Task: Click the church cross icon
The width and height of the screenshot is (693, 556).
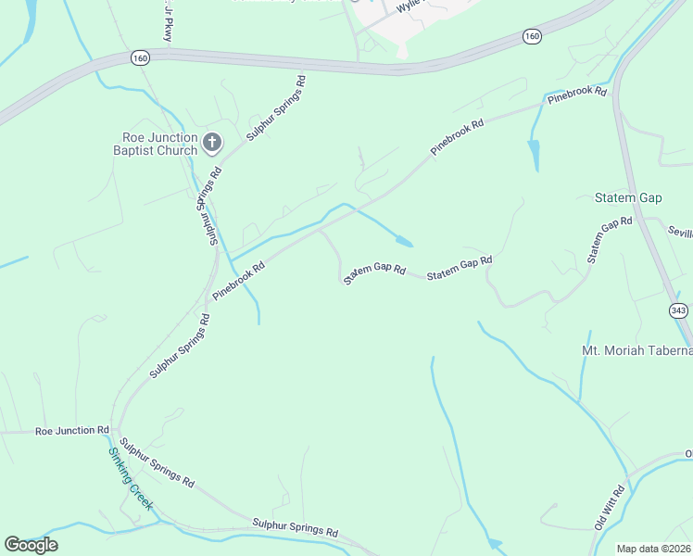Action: click(x=212, y=142)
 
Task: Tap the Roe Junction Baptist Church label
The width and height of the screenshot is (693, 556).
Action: click(x=156, y=144)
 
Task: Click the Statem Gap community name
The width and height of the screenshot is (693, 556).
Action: click(x=628, y=198)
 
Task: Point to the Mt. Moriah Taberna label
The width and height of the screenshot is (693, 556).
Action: click(x=636, y=350)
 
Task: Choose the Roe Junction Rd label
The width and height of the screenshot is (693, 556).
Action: click(x=72, y=431)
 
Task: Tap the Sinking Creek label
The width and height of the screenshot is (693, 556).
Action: click(x=131, y=480)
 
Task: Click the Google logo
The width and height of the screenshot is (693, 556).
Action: click(x=31, y=545)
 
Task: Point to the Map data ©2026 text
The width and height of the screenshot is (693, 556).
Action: click(x=654, y=548)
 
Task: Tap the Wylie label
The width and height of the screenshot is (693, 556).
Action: click(x=409, y=6)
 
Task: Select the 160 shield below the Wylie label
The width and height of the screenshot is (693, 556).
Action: click(x=531, y=36)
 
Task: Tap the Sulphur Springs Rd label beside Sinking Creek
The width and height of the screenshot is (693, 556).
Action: click(x=157, y=463)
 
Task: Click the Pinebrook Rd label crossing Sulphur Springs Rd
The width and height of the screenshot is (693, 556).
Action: click(x=239, y=281)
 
